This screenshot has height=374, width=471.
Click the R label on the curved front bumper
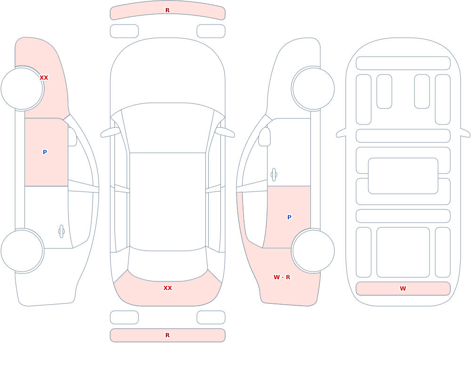(167, 10)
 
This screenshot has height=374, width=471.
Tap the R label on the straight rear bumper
(167, 335)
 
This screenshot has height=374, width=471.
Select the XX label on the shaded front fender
(44, 78)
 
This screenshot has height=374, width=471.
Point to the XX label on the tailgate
(168, 288)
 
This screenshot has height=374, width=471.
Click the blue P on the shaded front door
(45, 152)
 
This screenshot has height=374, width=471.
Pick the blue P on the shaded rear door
(289, 217)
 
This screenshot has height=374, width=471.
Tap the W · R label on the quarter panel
(282, 277)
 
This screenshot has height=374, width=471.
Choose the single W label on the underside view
(403, 288)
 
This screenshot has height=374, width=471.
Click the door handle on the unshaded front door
(274, 175)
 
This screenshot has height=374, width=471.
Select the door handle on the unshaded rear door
(62, 232)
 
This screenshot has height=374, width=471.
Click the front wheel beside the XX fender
(22, 89)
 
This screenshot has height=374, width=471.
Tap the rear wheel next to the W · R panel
(313, 250)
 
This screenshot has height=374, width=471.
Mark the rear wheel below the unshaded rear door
(22, 250)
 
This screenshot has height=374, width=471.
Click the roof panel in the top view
(168, 201)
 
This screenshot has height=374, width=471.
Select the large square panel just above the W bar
(403, 252)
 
